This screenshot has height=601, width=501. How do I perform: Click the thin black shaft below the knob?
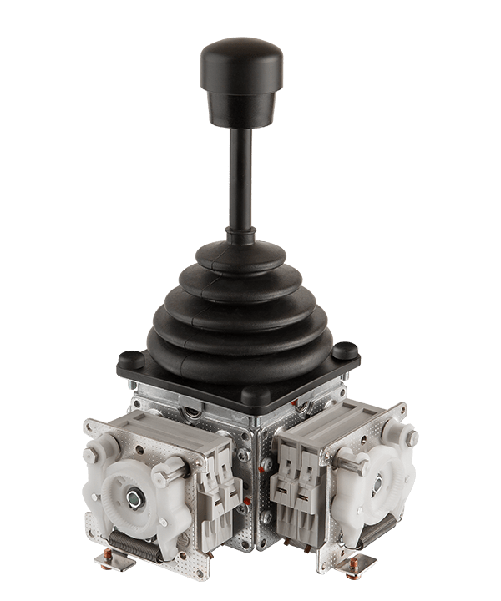click(x=242, y=184)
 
